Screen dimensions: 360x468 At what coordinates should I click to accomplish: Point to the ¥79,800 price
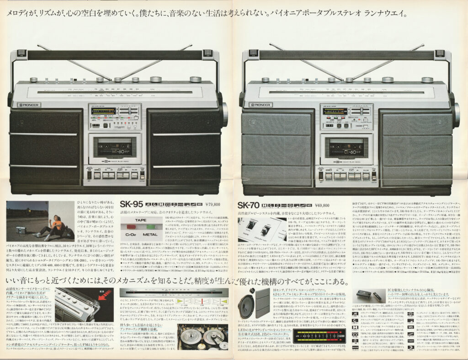213,204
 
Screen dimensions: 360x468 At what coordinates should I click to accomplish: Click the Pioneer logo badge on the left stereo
29,105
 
